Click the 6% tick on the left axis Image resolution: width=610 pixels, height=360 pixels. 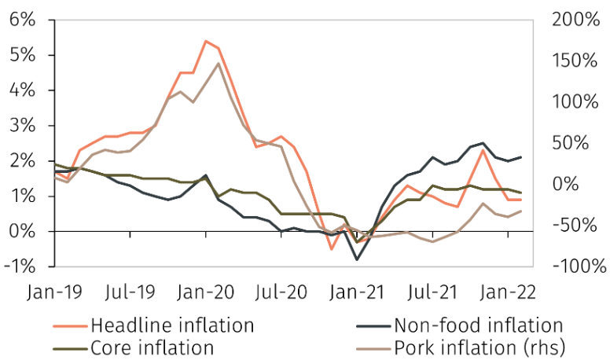coord(24,20)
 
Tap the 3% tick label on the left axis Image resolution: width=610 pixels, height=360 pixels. coord(24,126)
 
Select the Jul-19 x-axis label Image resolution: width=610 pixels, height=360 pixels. coord(130,292)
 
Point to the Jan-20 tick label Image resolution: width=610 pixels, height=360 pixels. coord(206,292)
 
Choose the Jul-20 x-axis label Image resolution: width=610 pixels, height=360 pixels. coord(281,292)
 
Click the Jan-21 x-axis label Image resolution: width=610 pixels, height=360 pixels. coord(357,292)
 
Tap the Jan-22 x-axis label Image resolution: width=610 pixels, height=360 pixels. coord(508,292)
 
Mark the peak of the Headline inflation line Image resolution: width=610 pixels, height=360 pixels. coord(206,41)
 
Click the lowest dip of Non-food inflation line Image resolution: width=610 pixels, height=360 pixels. coord(357,259)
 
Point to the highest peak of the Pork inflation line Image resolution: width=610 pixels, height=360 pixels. coord(218,64)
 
